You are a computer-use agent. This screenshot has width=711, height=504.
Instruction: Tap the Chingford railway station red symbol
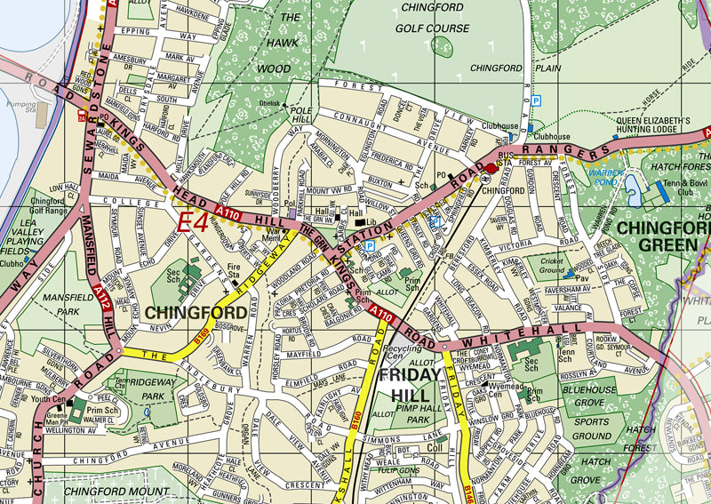tap(491, 168)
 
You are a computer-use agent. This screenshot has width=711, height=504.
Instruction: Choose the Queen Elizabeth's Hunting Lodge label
tap(653, 124)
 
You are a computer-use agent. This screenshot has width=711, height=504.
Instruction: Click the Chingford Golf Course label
tap(435, 19)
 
